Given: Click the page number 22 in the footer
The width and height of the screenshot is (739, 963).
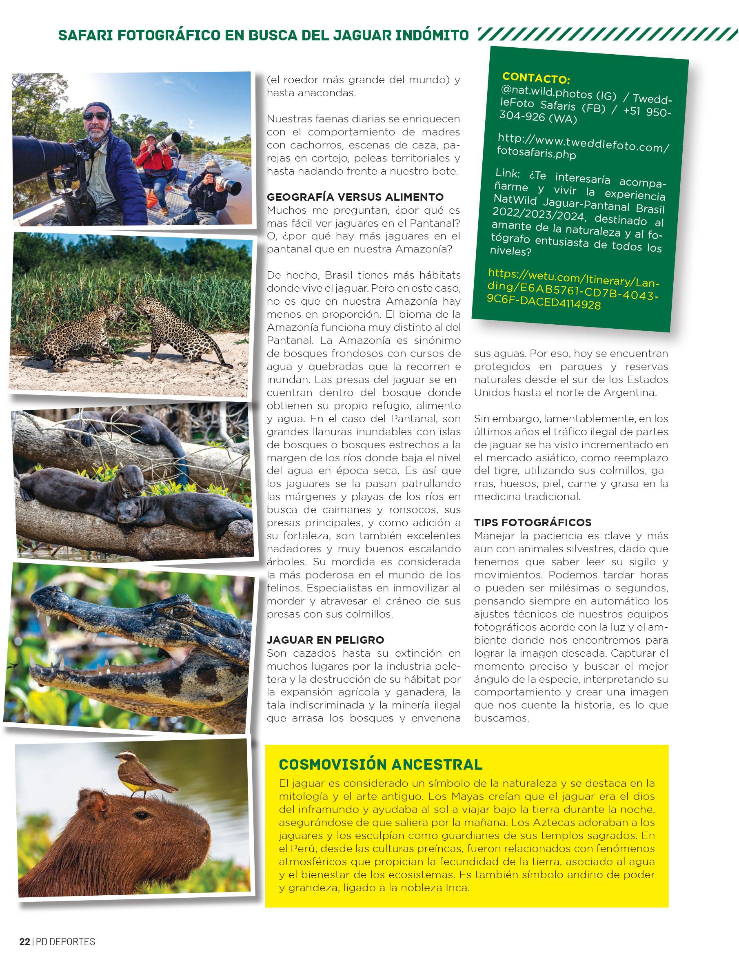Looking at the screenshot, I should (x=24, y=941).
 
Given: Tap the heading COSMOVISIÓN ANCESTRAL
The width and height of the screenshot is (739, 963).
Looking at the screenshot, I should (x=380, y=764).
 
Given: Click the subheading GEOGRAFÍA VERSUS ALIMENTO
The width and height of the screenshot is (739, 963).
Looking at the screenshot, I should (x=355, y=197).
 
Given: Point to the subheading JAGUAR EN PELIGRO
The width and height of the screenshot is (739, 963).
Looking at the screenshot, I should (x=325, y=640).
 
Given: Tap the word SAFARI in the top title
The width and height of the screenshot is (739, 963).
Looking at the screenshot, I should (x=84, y=35).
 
